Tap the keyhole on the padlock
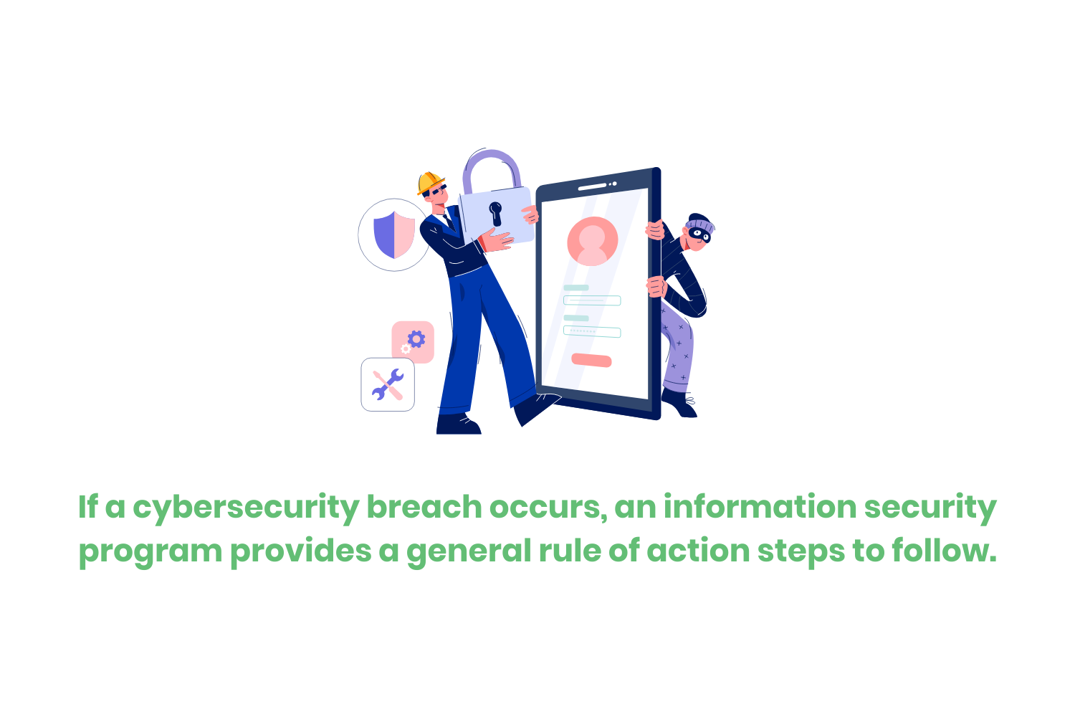(495, 213)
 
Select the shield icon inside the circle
(394, 234)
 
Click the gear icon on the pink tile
(415, 339)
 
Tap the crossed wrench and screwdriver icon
(388, 385)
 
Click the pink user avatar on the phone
(592, 242)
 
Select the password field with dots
(592, 331)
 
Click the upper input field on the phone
(592, 300)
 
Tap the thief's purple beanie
(701, 223)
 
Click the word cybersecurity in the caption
(247, 508)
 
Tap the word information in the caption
(759, 506)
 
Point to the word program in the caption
(150, 552)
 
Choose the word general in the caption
(469, 552)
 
